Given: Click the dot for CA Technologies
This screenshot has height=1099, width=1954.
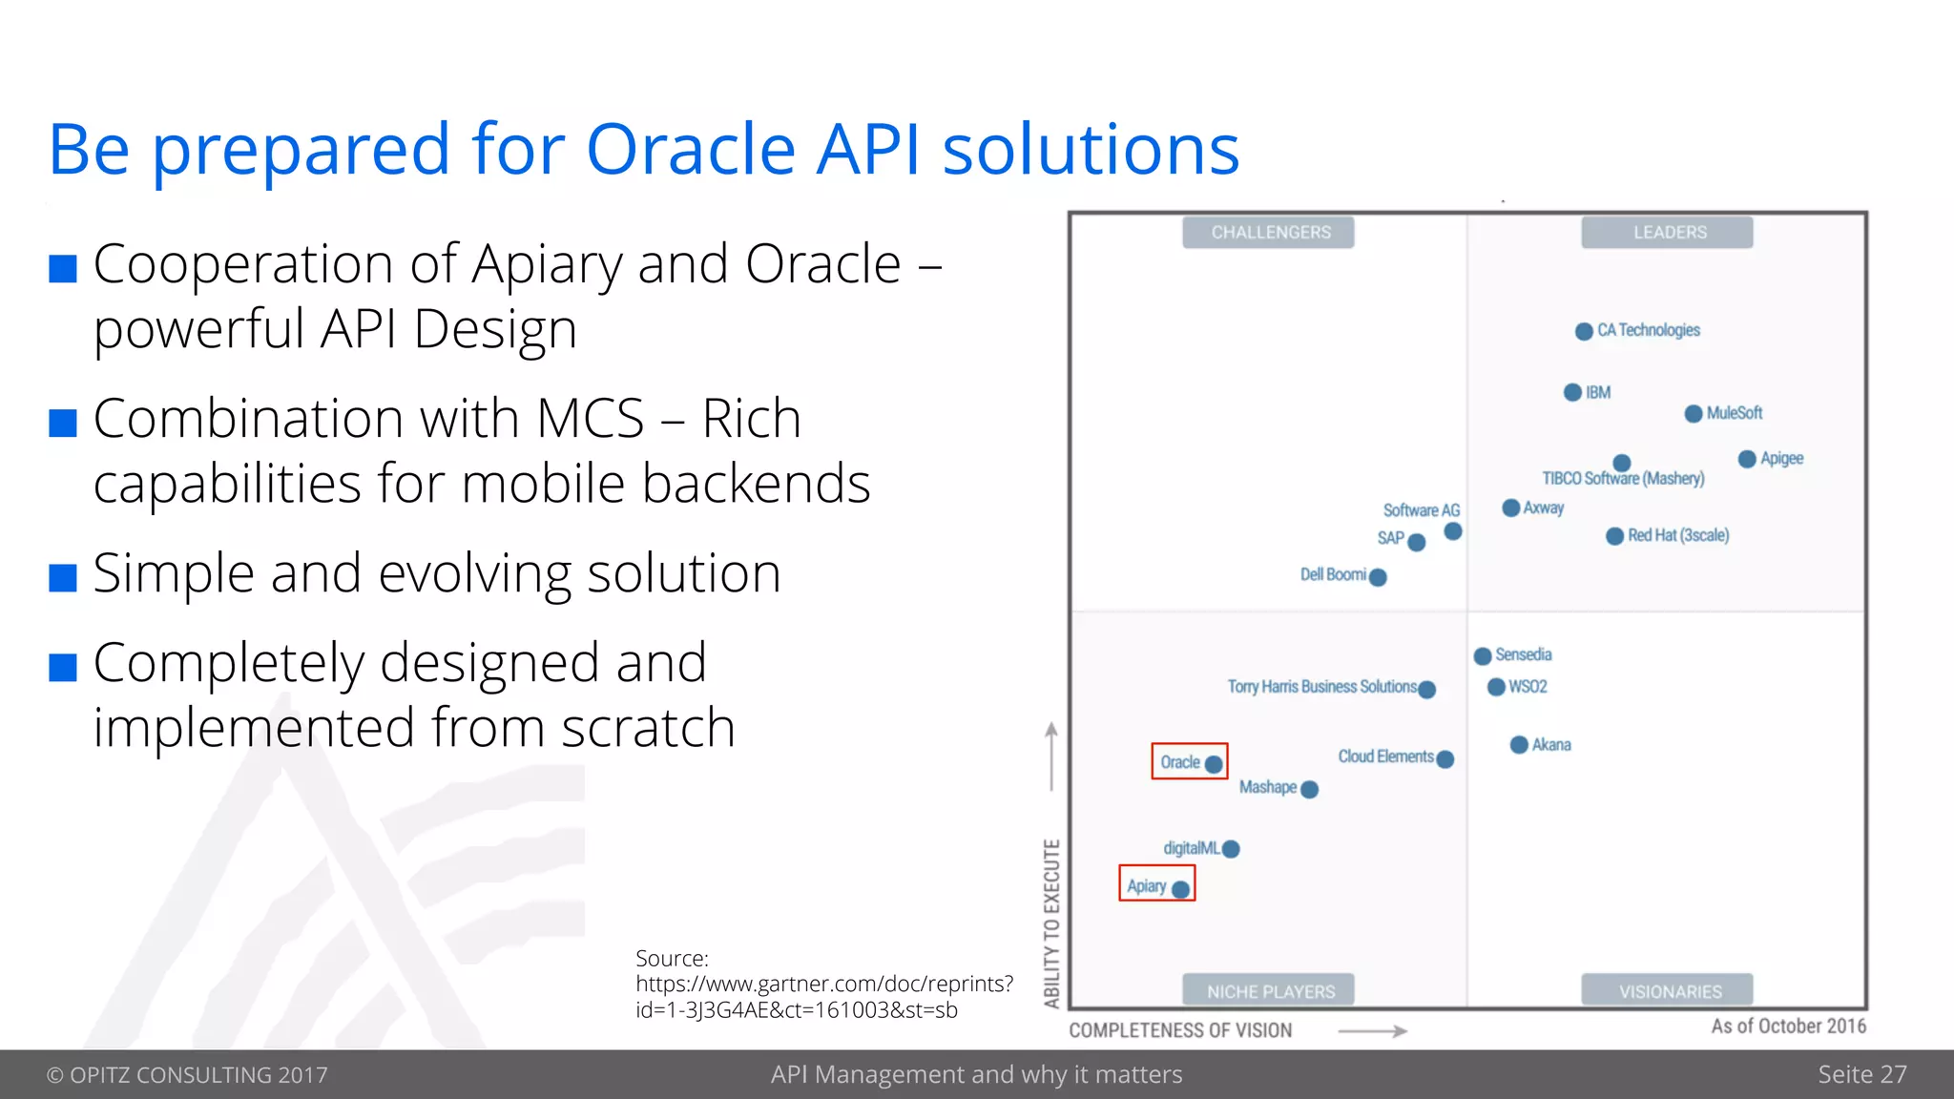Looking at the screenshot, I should pyautogui.click(x=1584, y=331).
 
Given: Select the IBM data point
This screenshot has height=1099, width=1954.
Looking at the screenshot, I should pyautogui.click(x=1573, y=393).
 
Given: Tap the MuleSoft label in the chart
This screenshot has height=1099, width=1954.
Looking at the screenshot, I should pyautogui.click(x=1734, y=413).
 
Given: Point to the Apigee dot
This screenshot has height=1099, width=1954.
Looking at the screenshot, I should pyautogui.click(x=1747, y=460).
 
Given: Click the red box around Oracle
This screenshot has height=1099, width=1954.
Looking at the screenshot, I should pyautogui.click(x=1189, y=761).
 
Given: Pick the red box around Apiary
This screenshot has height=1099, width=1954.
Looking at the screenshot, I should pyautogui.click(x=1156, y=883).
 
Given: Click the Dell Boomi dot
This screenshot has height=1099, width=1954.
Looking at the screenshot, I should pyautogui.click(x=1378, y=577).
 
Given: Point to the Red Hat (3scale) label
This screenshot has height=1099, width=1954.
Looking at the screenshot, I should pyautogui.click(x=1677, y=535).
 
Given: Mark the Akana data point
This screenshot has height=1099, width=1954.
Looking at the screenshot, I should pyautogui.click(x=1519, y=745).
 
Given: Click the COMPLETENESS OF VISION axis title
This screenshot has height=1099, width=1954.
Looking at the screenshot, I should pyautogui.click(x=1180, y=1030).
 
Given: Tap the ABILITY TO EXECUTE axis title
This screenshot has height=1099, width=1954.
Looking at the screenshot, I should pyautogui.click(x=1051, y=923).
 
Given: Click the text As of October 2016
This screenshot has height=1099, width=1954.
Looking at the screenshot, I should pyautogui.click(x=1788, y=1026).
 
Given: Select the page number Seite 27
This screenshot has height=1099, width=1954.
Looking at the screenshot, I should pyautogui.click(x=1861, y=1074).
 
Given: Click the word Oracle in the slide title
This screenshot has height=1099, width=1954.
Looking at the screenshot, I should pyautogui.click(x=691, y=150).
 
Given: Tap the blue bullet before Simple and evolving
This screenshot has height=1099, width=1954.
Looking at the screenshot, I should pyautogui.click(x=63, y=577).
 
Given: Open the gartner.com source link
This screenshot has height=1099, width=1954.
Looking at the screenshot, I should pyautogui.click(x=824, y=985).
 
